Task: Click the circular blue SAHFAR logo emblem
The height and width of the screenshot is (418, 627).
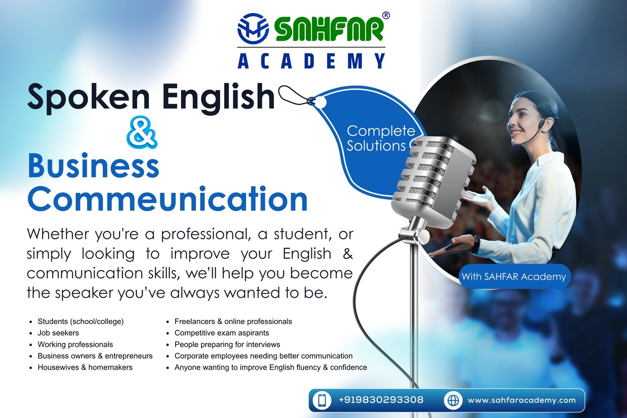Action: click(x=253, y=29)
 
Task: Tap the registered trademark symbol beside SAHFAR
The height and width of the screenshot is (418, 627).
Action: click(x=386, y=15)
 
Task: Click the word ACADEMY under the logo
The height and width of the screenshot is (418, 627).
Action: click(x=311, y=61)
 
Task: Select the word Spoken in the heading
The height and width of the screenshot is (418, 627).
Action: click(x=89, y=98)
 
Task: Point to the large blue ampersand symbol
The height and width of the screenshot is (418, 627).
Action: click(x=141, y=132)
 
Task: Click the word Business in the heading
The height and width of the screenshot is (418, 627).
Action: click(x=94, y=166)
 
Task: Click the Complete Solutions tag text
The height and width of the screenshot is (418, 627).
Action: click(x=381, y=138)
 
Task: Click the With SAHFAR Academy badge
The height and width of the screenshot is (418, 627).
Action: click(x=514, y=277)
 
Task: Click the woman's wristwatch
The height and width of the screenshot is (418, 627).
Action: click(x=476, y=244)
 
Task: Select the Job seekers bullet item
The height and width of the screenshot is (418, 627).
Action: click(x=58, y=333)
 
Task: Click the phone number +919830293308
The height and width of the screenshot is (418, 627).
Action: click(x=381, y=400)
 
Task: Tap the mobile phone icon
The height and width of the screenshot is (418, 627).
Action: click(x=322, y=400)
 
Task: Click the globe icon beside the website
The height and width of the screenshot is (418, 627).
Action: click(x=453, y=400)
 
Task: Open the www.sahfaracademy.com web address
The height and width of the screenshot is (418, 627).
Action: click(x=522, y=400)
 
